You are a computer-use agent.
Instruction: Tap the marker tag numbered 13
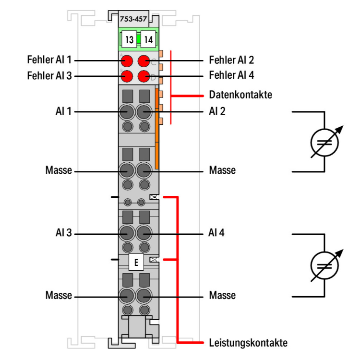129,40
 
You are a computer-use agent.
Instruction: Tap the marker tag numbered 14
148,40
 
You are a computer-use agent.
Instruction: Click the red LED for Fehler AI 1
127,61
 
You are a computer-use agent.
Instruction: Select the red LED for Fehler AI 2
144,61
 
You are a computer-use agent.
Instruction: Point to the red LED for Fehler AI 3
127,76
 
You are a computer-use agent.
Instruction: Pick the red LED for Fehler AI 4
144,76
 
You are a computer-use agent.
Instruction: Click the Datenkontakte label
240,95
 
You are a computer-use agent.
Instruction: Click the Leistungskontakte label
248,343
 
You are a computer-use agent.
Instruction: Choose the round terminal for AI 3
127,234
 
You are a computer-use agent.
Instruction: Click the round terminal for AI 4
144,234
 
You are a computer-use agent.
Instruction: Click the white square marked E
136,262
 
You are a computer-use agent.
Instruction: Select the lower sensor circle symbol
324,265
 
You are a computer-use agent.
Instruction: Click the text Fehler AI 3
49,76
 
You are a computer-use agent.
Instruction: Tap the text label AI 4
216,233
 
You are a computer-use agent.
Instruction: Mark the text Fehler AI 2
231,60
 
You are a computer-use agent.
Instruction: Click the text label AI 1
63,111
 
